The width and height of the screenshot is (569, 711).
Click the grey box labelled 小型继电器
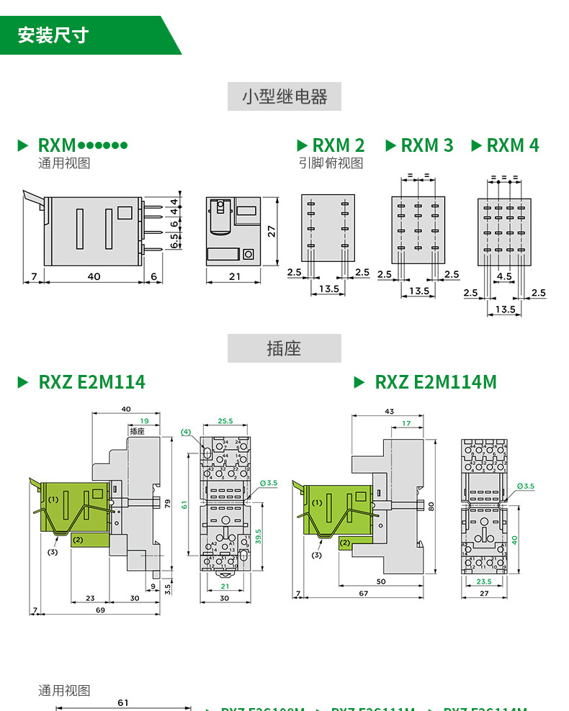[x=284, y=96]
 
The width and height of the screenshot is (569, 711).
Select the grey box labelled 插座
[x=284, y=348]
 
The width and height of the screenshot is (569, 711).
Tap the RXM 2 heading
[x=338, y=145]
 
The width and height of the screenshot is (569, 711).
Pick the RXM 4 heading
[x=512, y=145]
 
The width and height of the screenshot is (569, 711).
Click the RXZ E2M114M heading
[x=435, y=382]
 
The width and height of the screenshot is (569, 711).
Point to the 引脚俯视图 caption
[x=331, y=163]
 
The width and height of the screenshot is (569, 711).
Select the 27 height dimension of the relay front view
[x=272, y=230]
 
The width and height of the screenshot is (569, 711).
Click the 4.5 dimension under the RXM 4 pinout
[x=504, y=276]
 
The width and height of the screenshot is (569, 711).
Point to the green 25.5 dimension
[x=225, y=421]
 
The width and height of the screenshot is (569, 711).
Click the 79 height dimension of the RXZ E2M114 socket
[x=169, y=504]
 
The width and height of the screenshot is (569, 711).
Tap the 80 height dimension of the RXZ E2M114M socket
[x=431, y=506]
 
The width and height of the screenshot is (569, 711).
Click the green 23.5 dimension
[x=484, y=581]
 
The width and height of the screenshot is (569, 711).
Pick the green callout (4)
[x=186, y=432]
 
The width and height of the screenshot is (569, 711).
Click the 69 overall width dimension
[x=100, y=610]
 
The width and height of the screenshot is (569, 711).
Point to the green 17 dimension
[x=406, y=423]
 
